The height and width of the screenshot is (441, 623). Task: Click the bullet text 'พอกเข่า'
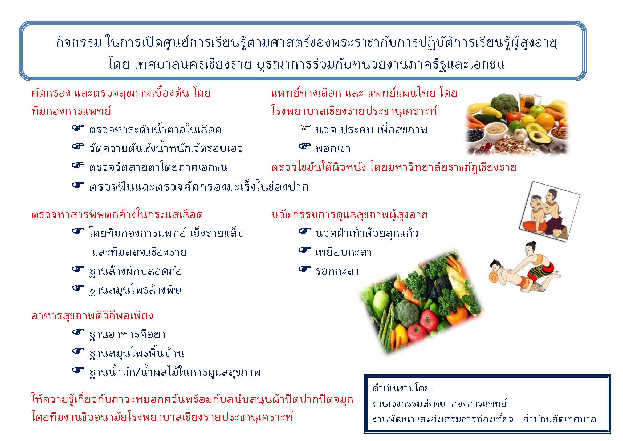point(333,149)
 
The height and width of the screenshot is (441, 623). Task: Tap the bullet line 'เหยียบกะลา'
point(344,252)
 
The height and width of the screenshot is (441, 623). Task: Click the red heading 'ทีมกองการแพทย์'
point(71,111)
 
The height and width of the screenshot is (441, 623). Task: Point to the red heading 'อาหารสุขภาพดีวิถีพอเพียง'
point(92,315)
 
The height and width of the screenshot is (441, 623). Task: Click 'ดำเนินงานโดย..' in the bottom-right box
point(403,388)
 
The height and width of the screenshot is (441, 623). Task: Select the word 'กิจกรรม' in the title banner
point(79,43)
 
